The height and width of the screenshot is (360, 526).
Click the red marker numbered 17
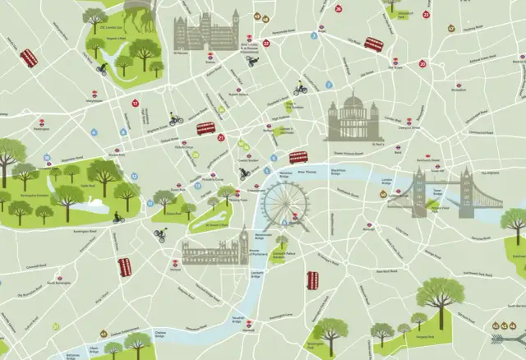coord(135,104)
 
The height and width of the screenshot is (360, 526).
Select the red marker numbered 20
coord(422,63)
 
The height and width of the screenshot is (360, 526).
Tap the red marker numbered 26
coord(339,8)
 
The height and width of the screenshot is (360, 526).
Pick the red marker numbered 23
coord(426,14)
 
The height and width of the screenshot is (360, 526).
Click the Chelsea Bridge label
coord(160,333)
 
